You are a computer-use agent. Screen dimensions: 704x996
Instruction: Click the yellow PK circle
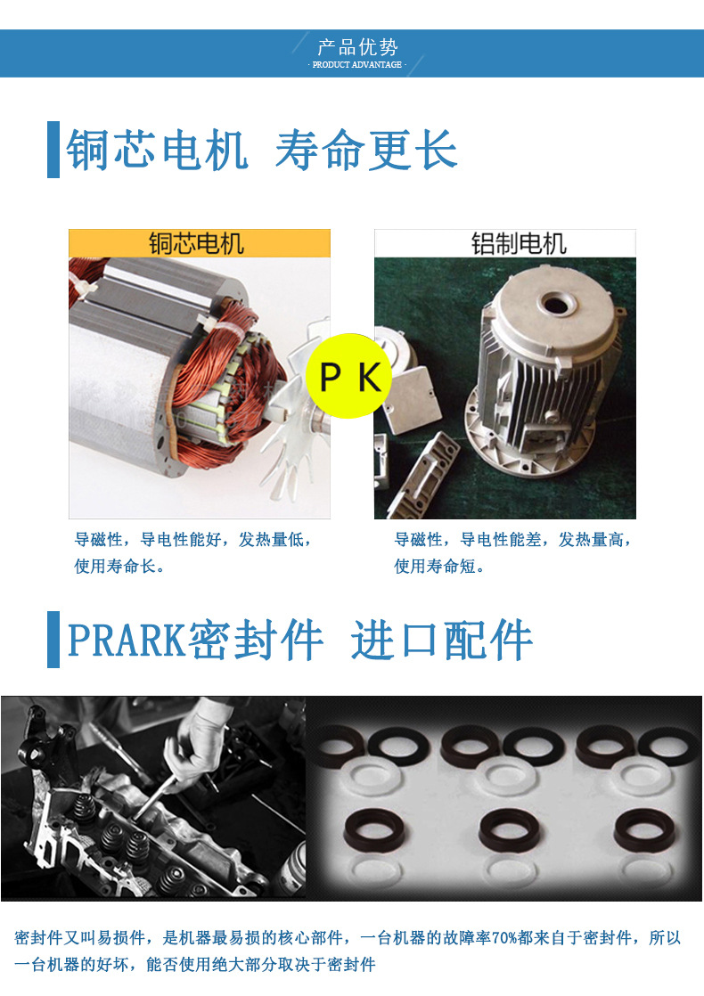coord(348,376)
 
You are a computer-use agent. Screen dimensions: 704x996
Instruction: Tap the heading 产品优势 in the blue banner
coord(357,47)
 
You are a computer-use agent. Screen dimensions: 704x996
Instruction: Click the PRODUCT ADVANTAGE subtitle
coord(357,65)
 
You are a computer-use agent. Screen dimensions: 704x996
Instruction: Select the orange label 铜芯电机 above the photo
coord(196,243)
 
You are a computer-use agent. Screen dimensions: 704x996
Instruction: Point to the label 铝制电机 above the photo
coord(519,243)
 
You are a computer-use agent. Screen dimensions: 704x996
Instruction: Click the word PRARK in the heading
coord(126,640)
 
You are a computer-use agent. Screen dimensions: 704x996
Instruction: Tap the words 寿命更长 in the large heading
coord(366,150)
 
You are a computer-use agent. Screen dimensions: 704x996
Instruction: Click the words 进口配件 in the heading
coord(441,640)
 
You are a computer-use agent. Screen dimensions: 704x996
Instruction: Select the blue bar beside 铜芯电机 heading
coord(53,150)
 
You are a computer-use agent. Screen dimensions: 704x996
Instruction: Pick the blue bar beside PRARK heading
coord(53,640)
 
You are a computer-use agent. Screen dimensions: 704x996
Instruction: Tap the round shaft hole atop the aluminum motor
coord(557,305)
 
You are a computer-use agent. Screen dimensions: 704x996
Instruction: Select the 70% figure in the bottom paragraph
coord(505,938)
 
